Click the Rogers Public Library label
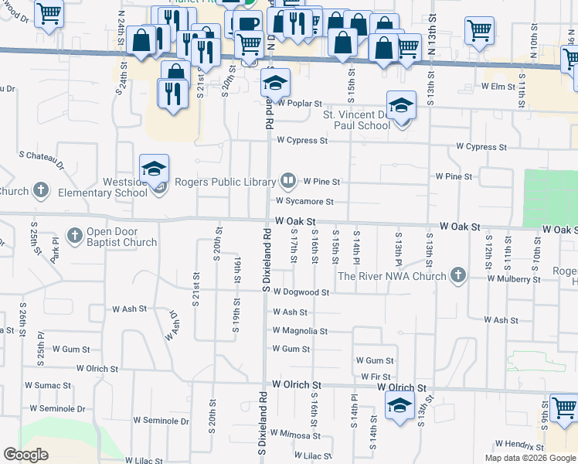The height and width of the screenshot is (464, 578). tap(225, 183)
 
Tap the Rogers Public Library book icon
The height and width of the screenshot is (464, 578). tap(288, 182)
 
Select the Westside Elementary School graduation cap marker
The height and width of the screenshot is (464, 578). tap(154, 169)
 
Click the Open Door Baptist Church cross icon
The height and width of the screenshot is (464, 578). tap(75, 234)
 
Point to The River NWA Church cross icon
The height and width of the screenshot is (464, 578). tap(458, 275)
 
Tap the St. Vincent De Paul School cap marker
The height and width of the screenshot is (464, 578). tap(401, 106)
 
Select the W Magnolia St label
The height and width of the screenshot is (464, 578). tap(300, 331)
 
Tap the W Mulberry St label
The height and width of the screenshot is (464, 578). tap(514, 278)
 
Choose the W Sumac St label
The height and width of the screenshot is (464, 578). tap(48, 384)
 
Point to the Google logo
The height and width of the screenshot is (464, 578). tap(26, 454)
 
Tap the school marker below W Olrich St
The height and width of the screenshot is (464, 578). tap(399, 406)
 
